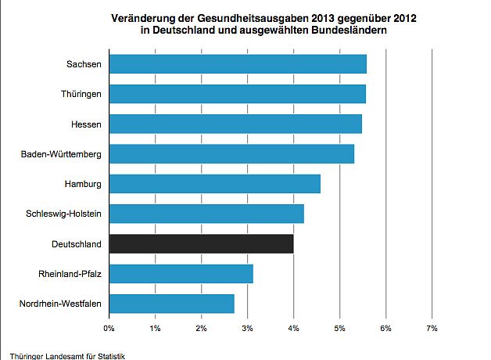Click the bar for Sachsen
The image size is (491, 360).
(x=238, y=64)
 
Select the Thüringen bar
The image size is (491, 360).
(x=237, y=94)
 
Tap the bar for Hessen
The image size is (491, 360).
(x=235, y=124)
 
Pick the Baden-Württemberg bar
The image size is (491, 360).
(x=231, y=154)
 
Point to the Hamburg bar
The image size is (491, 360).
(x=215, y=184)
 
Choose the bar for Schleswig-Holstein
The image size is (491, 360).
(x=206, y=214)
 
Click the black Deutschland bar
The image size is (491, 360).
(x=202, y=243)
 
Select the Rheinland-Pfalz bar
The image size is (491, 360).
(x=181, y=274)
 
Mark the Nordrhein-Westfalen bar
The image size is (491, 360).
(x=172, y=304)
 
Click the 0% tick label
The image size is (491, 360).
(x=109, y=327)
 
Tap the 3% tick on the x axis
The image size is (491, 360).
(x=248, y=327)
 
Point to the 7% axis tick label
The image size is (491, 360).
(x=432, y=327)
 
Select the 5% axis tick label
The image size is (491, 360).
(x=340, y=327)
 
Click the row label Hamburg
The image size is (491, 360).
(x=83, y=184)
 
